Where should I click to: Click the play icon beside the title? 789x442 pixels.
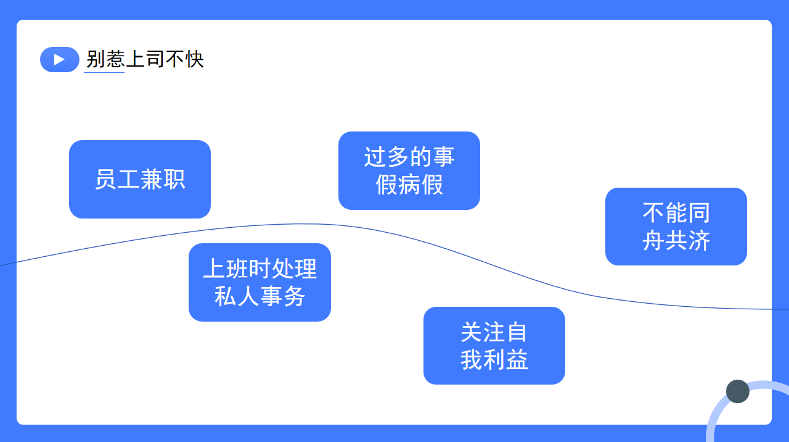tap(60, 60)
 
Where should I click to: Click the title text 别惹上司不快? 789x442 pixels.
tap(145, 59)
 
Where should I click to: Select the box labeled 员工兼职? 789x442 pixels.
tap(140, 179)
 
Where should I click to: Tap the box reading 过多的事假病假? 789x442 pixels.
tap(409, 171)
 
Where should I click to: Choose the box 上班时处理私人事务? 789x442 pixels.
tap(260, 282)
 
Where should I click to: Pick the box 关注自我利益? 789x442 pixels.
tap(494, 346)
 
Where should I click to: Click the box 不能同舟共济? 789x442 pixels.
tap(676, 227)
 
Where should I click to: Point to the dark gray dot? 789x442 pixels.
tap(738, 391)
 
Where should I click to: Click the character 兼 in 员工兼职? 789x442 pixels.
tap(152, 179)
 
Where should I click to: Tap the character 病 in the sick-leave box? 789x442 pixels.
tap(409, 185)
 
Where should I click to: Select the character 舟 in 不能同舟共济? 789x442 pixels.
tap(654, 241)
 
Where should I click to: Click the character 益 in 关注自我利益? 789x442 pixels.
tap(517, 360)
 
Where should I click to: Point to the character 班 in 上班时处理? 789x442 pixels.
tap(237, 269)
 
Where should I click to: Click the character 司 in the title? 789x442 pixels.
tap(155, 59)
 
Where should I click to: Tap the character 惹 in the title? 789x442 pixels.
tap(115, 59)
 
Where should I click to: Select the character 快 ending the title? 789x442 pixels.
tap(194, 59)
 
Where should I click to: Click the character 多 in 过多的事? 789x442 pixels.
tap(398, 157)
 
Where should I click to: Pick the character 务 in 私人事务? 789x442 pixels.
tap(294, 296)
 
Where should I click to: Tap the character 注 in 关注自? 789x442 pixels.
tap(494, 332)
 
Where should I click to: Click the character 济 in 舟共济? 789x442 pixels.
tap(699, 241)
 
